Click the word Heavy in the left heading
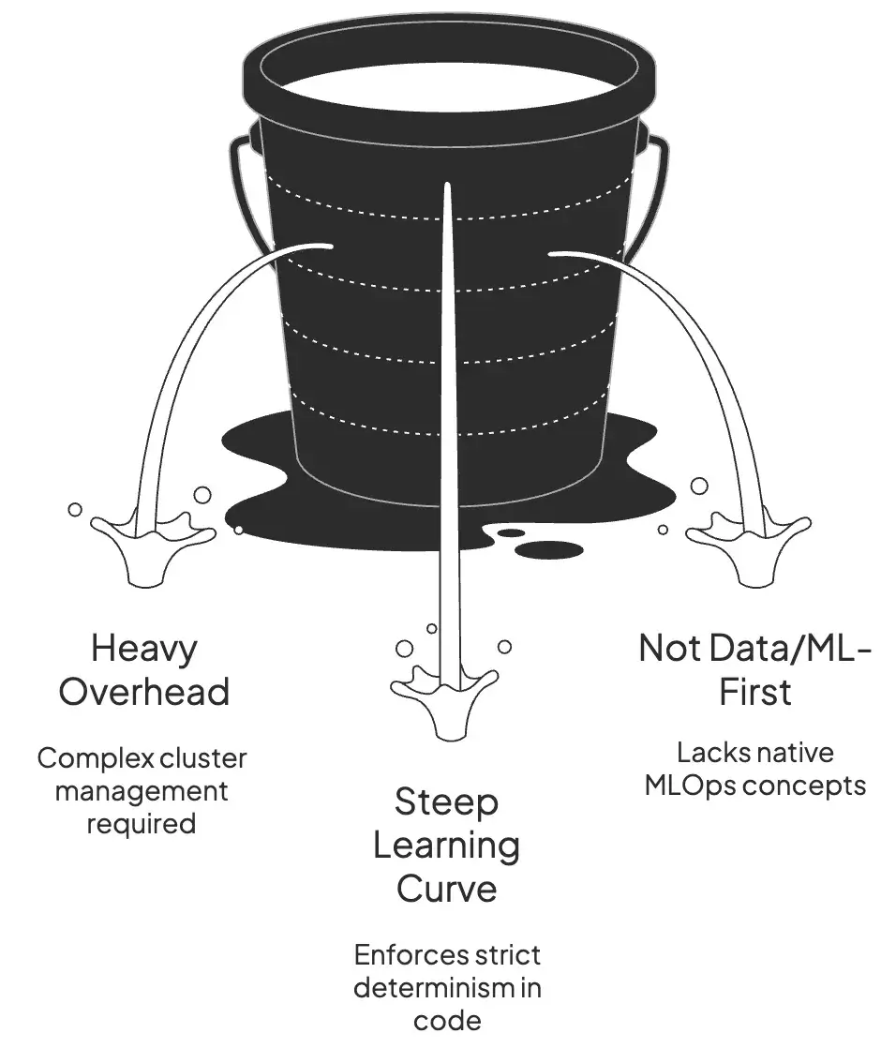pos(143,648)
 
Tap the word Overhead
pos(143,692)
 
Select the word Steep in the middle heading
pos(446,802)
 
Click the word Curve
pos(446,888)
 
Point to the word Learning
pos(446,846)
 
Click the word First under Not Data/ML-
pos(755,692)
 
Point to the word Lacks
pos(709,752)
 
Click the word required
pos(142,823)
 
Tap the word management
pos(142,790)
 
